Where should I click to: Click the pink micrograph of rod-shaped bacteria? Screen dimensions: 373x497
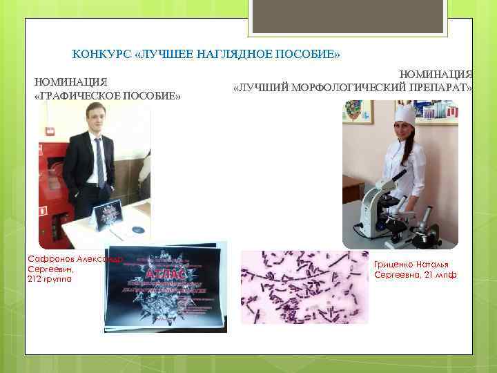pos(304,287)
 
